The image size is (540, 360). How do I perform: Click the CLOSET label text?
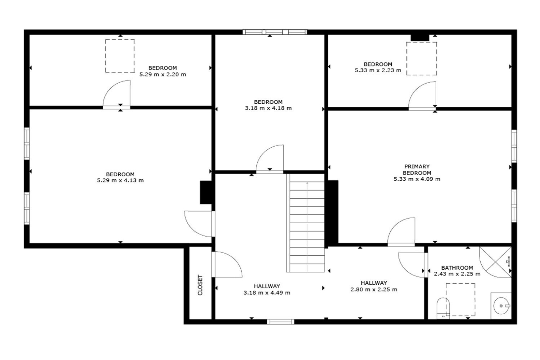(200, 285)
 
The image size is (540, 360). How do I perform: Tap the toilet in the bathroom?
(443, 308)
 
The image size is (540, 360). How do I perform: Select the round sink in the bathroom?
(501, 306)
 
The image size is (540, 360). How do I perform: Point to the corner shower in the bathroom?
(495, 262)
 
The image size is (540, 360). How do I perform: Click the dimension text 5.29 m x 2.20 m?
(163, 75)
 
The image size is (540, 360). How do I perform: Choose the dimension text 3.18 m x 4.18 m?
(268, 108)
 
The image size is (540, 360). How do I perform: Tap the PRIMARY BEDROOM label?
(417, 169)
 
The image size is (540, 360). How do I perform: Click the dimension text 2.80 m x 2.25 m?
(374, 290)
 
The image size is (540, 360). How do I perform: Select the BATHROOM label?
(457, 268)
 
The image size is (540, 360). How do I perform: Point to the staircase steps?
(306, 223)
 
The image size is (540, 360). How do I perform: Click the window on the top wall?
(275, 32)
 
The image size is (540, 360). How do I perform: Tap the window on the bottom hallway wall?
(281, 322)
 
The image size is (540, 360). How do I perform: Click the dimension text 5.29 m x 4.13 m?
(120, 180)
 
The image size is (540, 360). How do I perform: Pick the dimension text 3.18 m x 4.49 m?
(267, 293)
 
